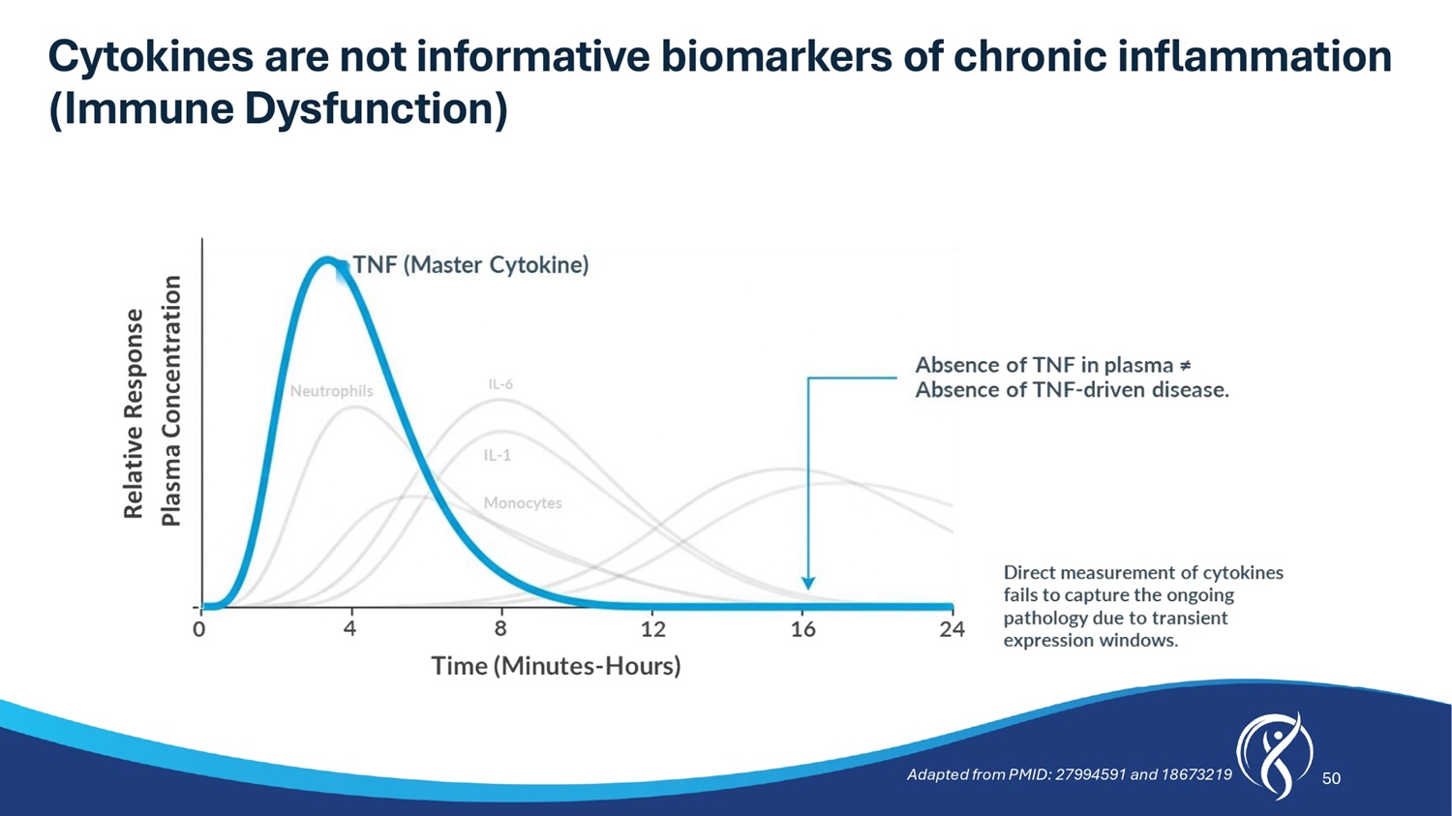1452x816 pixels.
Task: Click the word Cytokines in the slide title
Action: [150, 56]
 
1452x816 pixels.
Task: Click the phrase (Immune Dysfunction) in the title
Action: [278, 108]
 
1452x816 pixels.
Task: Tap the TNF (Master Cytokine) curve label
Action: [470, 265]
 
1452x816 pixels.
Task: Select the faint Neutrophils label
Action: [331, 391]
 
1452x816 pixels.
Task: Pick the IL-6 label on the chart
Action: [500, 383]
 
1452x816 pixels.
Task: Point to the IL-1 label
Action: [498, 455]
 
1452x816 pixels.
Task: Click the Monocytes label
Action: [523, 503]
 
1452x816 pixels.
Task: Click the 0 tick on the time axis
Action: [199, 629]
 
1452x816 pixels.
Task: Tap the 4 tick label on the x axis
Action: [350, 628]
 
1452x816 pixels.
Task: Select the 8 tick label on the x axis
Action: [500, 628]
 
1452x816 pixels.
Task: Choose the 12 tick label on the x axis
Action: [653, 628]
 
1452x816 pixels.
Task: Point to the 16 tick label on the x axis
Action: [803, 628]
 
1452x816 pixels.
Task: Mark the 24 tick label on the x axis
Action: [953, 628]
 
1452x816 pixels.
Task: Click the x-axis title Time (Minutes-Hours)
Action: [557, 666]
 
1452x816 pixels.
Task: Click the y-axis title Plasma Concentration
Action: [171, 401]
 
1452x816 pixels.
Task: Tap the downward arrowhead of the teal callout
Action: [807, 583]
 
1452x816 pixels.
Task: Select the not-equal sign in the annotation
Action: [1185, 366]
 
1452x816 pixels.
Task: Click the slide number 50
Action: [1331, 777]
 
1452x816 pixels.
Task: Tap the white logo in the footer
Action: [1275, 755]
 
